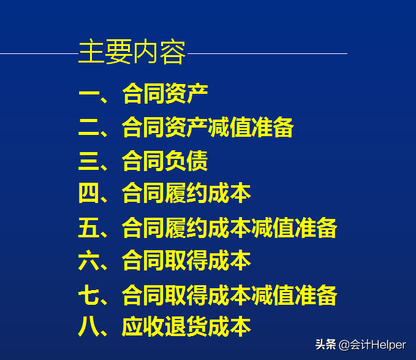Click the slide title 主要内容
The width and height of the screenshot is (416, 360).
pyautogui.click(x=132, y=53)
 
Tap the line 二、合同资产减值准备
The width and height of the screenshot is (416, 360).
pyautogui.click(x=186, y=128)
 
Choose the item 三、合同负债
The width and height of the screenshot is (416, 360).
pyautogui.click(x=143, y=161)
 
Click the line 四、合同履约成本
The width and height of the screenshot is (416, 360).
pyautogui.click(x=165, y=194)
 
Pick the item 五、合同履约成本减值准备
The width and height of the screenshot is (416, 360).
pyautogui.click(x=208, y=228)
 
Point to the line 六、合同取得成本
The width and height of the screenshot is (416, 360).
pyautogui.click(x=165, y=261)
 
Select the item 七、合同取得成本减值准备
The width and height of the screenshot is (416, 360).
pyautogui.click(x=208, y=295)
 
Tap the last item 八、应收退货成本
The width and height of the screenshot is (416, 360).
pyautogui.click(x=165, y=327)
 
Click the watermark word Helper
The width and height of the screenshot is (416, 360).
pyautogui.click(x=388, y=345)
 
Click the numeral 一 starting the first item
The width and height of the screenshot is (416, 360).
pyautogui.click(x=89, y=94)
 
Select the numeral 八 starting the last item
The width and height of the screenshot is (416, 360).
pyautogui.click(x=89, y=327)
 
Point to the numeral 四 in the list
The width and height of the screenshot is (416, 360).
pyautogui.click(x=89, y=194)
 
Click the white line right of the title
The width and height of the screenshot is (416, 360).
pyautogui.click(x=267, y=53)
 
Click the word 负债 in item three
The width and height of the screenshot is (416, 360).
pyautogui.click(x=186, y=161)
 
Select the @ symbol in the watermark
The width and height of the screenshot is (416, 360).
pyautogui.click(x=344, y=345)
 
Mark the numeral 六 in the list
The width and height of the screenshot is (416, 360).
pyautogui.click(x=89, y=261)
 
